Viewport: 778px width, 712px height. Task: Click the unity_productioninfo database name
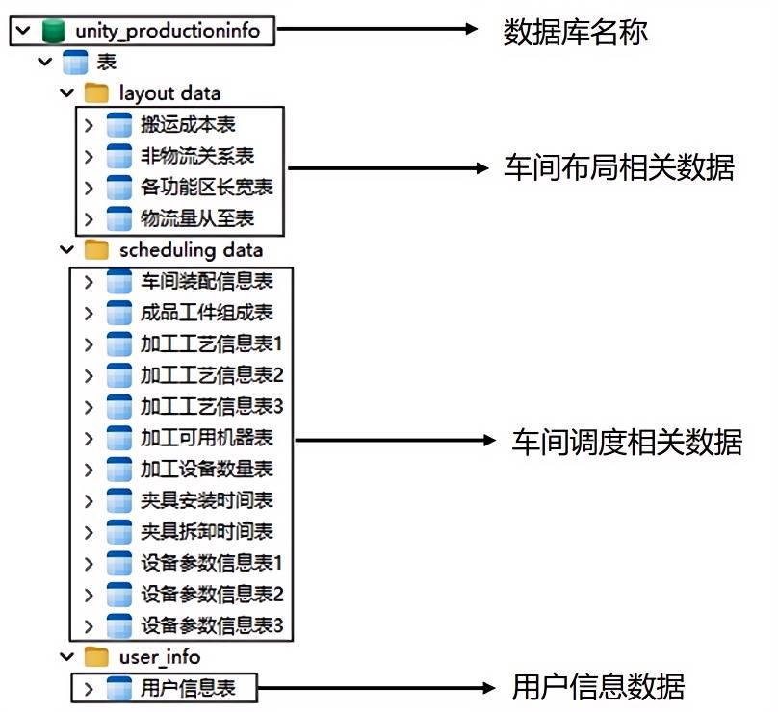[166, 31]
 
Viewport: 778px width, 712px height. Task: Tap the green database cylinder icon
[53, 31]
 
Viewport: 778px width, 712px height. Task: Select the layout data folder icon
[96, 93]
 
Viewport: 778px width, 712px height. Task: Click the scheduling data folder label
[191, 250]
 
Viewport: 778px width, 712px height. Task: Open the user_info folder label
[160, 657]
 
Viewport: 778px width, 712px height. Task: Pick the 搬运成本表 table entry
[187, 124]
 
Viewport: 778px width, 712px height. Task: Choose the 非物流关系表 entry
[196, 155]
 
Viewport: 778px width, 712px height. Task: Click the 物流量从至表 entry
[196, 217]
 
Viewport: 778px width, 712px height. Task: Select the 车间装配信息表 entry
[206, 281]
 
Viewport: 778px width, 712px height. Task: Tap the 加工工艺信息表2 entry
[211, 374]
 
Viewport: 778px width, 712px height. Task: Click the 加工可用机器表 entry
[206, 438]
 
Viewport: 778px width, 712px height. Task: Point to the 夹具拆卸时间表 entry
[206, 531]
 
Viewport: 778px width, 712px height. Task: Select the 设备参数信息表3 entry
[211, 625]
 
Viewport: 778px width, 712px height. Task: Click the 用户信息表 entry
[187, 688]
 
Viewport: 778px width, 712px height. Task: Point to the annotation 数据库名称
[575, 32]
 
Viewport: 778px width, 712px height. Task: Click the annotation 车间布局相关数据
[618, 168]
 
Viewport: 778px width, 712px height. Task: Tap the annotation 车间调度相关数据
[627, 442]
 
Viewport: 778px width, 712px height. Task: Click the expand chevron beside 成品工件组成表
[88, 313]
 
